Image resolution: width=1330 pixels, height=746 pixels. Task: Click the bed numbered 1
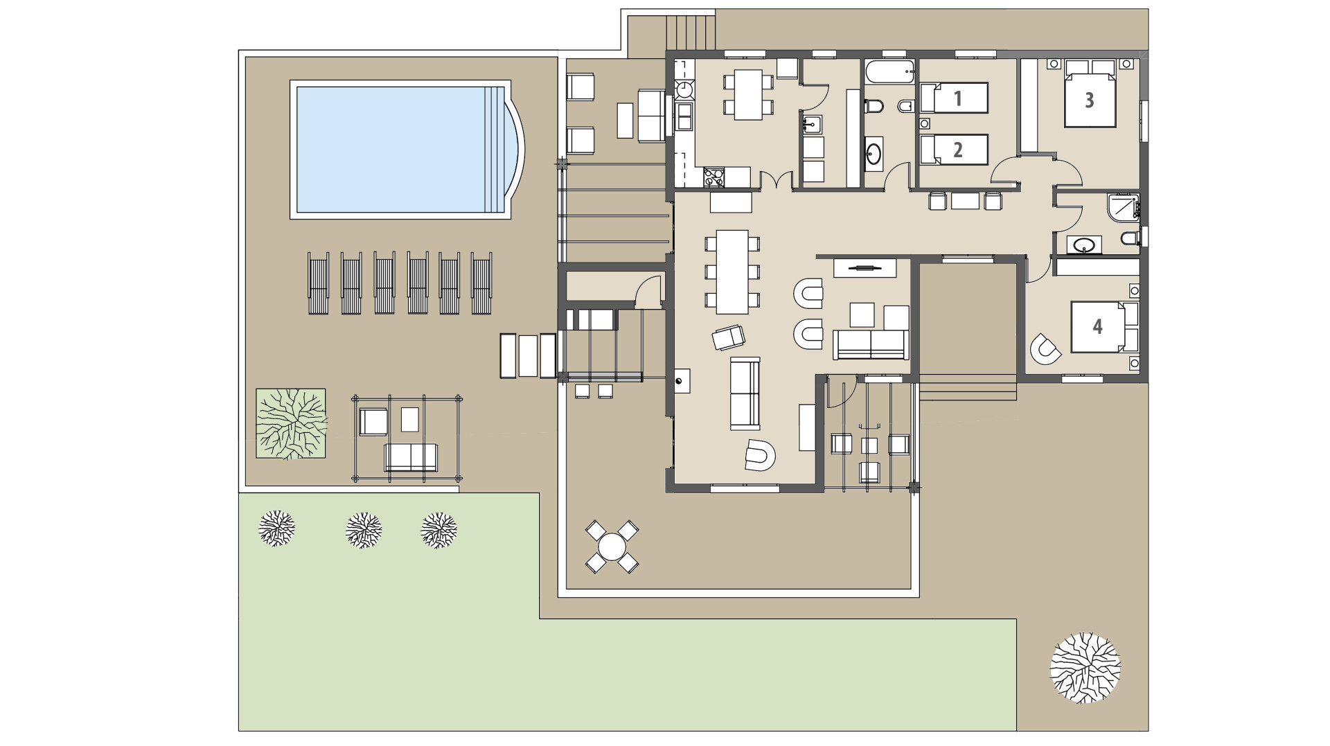953,98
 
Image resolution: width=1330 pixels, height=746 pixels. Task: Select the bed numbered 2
953,150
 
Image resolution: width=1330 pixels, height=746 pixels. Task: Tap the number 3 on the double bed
1089,100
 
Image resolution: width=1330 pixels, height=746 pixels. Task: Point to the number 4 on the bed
1097,326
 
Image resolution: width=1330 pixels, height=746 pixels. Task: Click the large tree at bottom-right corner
1085,668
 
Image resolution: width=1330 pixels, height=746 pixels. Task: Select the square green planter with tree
290,423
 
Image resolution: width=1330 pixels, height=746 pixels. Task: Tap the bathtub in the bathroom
889,71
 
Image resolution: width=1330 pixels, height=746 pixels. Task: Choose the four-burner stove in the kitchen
713,177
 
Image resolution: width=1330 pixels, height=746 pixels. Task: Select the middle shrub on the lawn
364,531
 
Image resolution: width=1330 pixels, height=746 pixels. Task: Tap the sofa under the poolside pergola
411,457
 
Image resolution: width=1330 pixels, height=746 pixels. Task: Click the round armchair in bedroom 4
1045,348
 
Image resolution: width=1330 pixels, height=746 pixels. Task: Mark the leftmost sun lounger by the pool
318,283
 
